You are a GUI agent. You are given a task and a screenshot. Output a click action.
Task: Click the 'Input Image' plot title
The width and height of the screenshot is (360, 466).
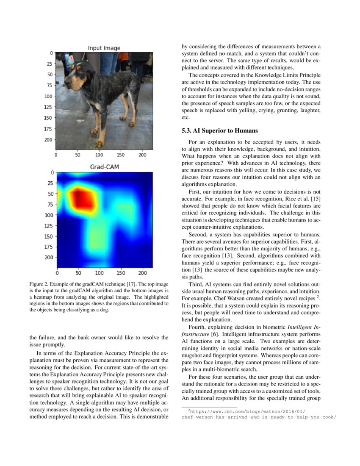click(104, 48)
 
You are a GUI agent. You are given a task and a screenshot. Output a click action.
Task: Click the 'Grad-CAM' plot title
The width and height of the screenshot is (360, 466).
click(104, 167)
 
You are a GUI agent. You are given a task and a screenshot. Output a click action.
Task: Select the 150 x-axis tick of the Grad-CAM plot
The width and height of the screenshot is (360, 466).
click(121, 273)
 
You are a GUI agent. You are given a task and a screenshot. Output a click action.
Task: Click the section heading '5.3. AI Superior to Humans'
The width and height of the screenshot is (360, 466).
click(219, 130)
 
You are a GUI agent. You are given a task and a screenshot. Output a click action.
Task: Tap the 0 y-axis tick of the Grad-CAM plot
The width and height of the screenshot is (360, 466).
click(53, 172)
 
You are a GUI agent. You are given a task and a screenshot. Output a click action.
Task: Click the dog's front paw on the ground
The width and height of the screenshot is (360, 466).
click(100, 144)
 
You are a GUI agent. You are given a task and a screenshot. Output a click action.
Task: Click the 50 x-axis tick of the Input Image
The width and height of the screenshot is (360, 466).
click(78, 155)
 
